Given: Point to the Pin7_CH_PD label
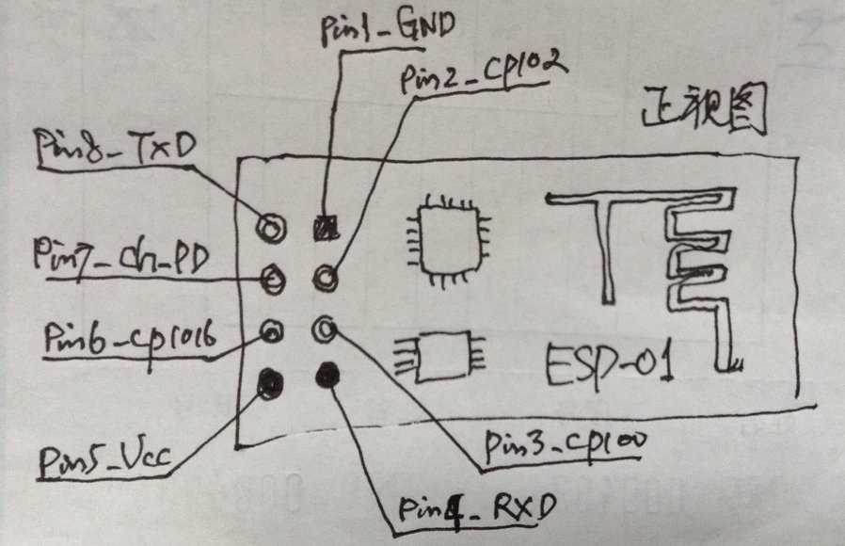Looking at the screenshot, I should coord(120,254).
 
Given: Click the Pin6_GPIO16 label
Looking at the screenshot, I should coord(131,335).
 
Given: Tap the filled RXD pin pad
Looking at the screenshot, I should coord(328,375).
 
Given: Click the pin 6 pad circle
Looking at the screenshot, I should coord(272,330).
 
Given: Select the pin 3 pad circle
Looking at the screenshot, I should coord(326,329).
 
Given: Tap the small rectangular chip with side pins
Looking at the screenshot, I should coord(441,357).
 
